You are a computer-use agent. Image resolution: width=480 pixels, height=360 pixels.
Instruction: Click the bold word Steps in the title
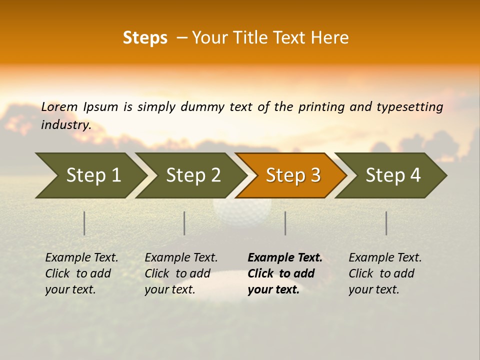pyautogui.click(x=145, y=38)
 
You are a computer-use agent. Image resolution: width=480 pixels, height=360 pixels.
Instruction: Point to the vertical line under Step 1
pyautogui.click(x=84, y=223)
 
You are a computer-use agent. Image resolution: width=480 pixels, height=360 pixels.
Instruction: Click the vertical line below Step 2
pyautogui.click(x=184, y=223)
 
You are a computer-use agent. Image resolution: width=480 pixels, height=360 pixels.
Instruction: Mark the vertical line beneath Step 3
pyautogui.click(x=285, y=223)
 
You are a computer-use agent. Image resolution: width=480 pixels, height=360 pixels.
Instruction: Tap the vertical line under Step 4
pyautogui.click(x=386, y=223)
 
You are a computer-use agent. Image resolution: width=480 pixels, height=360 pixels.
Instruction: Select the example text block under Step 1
pyautogui.click(x=81, y=273)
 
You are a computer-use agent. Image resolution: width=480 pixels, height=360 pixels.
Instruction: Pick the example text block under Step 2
pyautogui.click(x=180, y=273)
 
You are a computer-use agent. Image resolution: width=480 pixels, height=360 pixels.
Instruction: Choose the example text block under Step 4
pyautogui.click(x=384, y=273)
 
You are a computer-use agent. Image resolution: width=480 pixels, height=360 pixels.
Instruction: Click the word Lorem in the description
pyautogui.click(x=59, y=107)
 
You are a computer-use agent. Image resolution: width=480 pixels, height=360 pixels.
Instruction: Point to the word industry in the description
pyautogui.click(x=65, y=125)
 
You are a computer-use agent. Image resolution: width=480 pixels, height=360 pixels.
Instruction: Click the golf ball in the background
pyautogui.click(x=242, y=210)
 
